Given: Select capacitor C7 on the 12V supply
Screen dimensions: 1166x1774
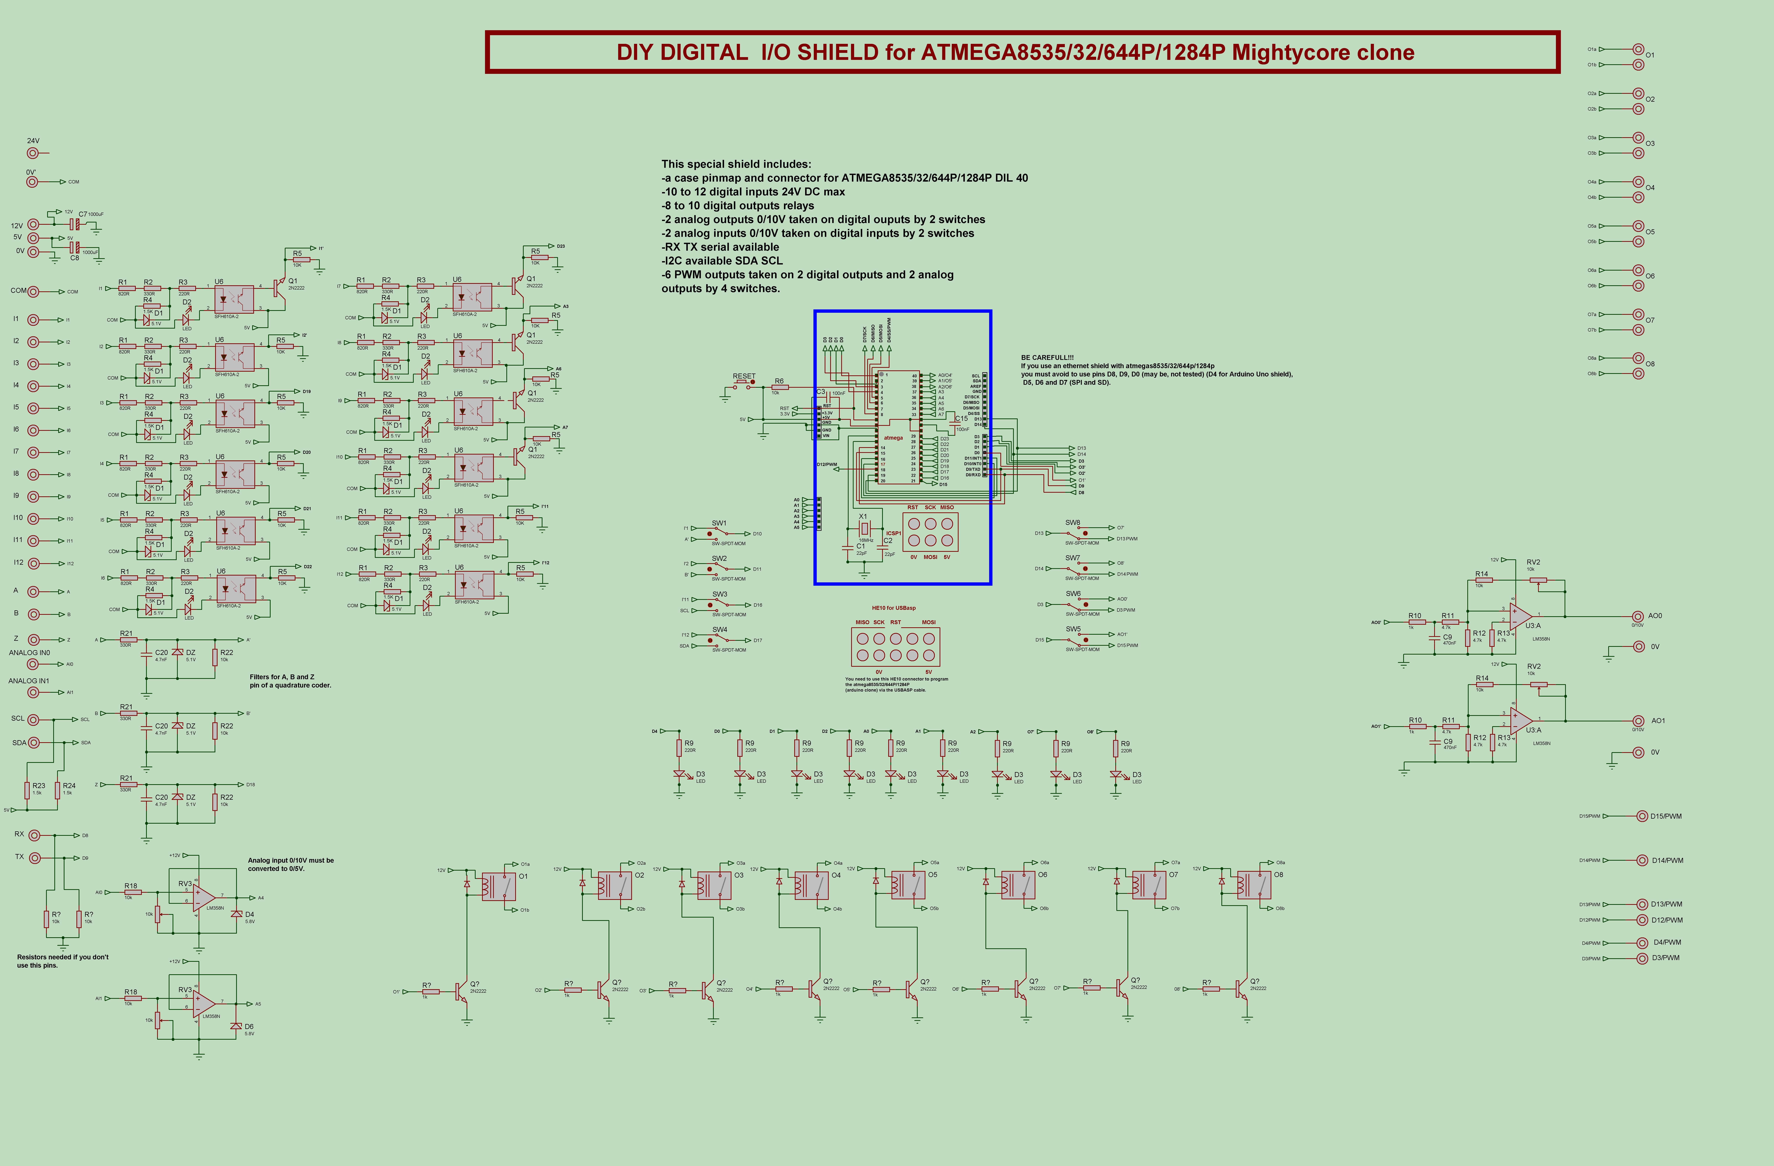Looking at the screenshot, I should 75,224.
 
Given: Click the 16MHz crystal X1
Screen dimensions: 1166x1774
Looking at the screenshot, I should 864,528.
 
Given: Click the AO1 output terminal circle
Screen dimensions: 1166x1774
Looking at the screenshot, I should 1638,721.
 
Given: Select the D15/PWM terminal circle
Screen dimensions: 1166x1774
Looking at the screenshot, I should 1641,816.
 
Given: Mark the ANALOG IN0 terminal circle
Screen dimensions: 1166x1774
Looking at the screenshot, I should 33,664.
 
